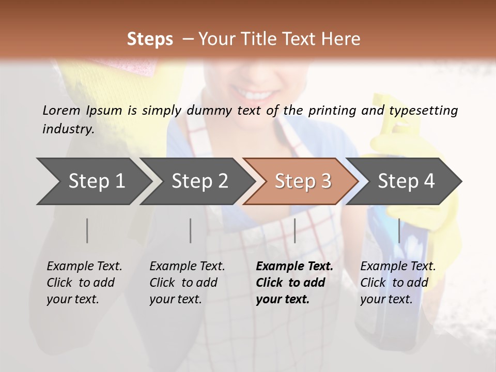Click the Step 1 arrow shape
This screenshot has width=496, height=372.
[93, 181]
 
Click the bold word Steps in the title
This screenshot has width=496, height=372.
[150, 39]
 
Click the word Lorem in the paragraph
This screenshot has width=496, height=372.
[61, 110]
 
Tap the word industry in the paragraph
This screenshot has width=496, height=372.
[68, 129]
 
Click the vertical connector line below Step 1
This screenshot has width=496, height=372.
[87, 230]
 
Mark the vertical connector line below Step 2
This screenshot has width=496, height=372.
[191, 230]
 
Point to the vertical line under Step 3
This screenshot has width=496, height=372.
[295, 230]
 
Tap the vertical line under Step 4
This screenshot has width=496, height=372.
[399, 230]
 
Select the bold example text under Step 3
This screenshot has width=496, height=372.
[294, 283]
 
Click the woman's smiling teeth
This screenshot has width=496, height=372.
[255, 95]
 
